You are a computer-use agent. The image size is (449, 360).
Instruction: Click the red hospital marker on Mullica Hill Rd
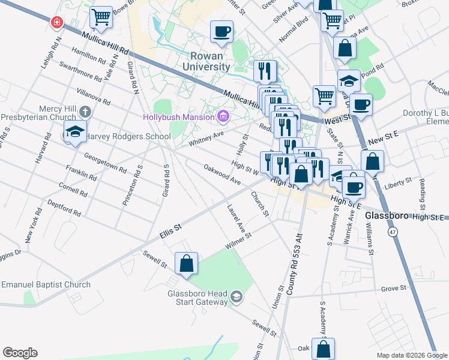point(57,22)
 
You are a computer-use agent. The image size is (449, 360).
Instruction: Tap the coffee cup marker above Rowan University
point(221,32)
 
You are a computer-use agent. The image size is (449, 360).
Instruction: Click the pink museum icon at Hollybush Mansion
point(223,116)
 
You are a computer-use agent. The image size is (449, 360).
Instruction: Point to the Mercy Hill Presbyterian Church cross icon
point(85,112)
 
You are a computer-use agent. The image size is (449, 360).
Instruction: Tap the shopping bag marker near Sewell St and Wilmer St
point(186,263)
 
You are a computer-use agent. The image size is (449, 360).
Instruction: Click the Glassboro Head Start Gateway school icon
point(237,296)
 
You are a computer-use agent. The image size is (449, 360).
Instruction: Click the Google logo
point(20,353)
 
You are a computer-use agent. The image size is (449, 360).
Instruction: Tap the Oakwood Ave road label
point(221,175)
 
